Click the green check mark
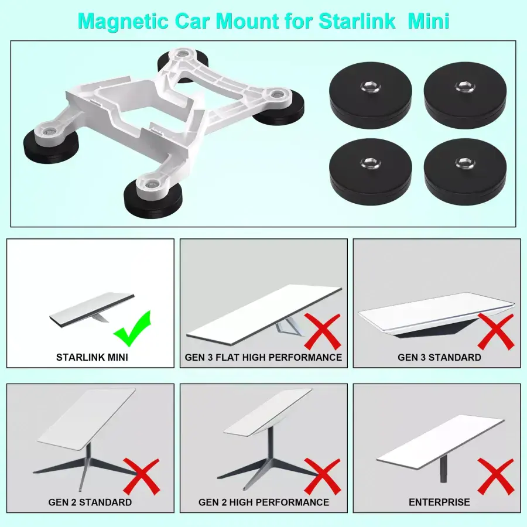coord(133,329)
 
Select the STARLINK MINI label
coord(91,357)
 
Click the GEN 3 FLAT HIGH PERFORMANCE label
coord(263,357)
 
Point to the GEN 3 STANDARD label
coord(439,357)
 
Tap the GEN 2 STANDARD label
coord(90,502)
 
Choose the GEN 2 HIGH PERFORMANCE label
coord(263,502)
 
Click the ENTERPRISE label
coord(439,502)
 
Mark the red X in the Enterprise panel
coord(495,475)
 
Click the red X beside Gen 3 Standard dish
coord(495,331)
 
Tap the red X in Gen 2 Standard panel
coord(141,475)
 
